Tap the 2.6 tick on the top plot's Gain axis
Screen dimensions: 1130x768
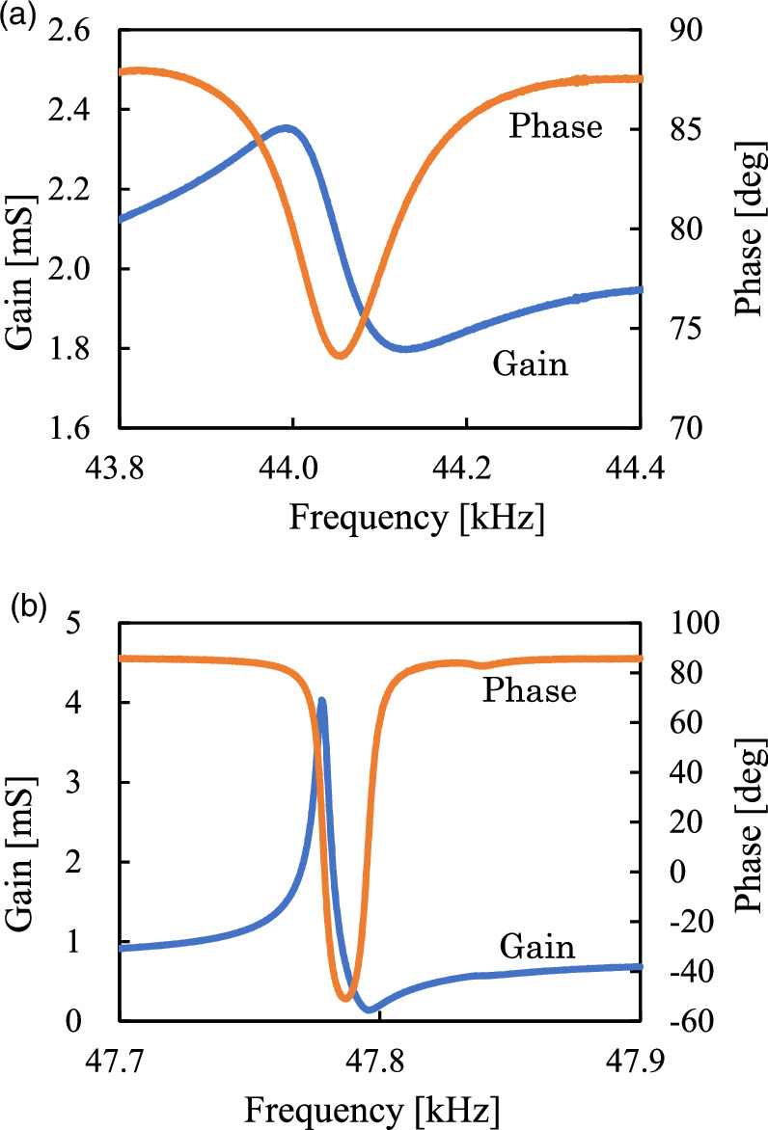[x=72, y=32]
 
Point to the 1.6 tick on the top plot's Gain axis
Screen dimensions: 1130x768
[x=72, y=428]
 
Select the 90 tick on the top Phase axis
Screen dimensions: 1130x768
[x=683, y=32]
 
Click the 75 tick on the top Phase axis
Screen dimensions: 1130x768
[x=683, y=329]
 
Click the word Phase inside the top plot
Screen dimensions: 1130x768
[x=556, y=127]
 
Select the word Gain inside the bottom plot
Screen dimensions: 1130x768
[x=536, y=948]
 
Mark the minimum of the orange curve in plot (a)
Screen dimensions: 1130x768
[x=340, y=357]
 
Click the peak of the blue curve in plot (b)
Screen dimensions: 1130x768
[x=322, y=701]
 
